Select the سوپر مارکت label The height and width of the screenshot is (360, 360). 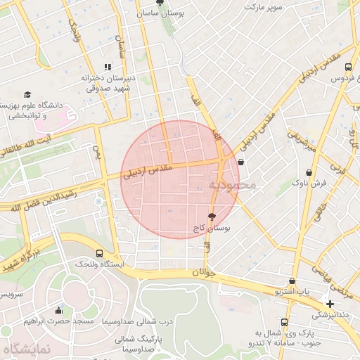click(x=263, y=6)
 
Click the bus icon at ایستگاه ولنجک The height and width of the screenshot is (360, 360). click(x=98, y=253)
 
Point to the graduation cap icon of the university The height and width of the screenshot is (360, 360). click(x=27, y=94)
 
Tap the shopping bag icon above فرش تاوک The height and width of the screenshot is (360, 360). click(x=309, y=172)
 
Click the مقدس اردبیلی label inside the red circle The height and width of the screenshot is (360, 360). click(x=147, y=172)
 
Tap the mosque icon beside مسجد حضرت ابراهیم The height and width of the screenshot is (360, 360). click(x=58, y=311)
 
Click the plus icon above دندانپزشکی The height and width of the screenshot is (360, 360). click(x=330, y=304)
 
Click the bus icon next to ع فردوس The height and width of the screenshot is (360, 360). click(x=349, y=67)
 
